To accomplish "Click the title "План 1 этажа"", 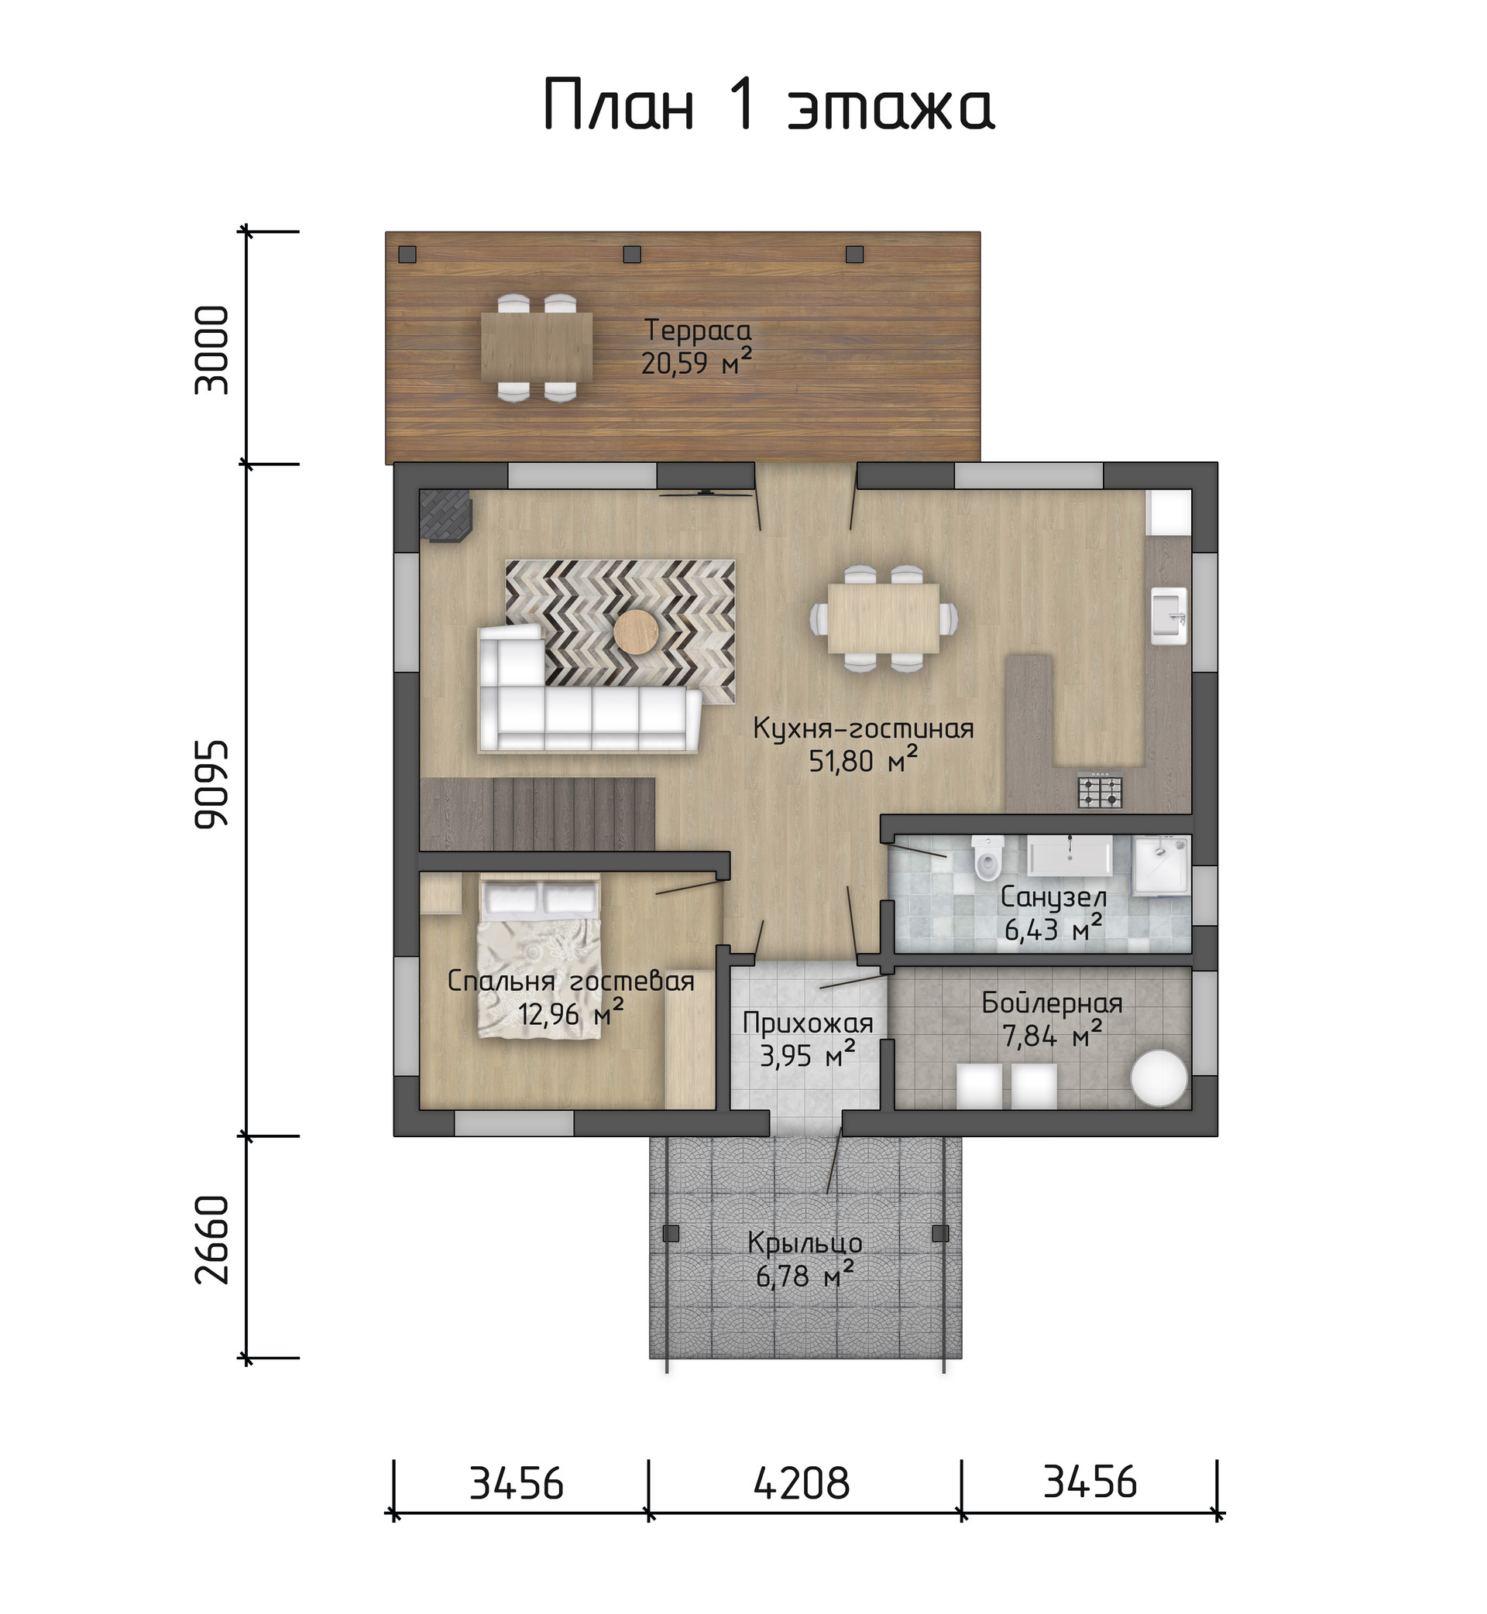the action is (769, 105).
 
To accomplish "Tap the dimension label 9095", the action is (212, 784).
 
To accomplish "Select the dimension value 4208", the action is (802, 1483).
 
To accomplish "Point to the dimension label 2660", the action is (212, 1239).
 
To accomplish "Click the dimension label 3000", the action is (212, 350).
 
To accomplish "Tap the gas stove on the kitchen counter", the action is (1100, 790).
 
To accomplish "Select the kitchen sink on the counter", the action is (1169, 616).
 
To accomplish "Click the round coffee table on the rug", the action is (636, 632).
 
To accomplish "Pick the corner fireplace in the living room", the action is (443, 516).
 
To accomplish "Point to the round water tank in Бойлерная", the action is (1159, 1078).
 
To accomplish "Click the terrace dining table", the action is (537, 348).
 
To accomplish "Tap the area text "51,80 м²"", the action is (864, 759).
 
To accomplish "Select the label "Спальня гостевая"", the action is (571, 981).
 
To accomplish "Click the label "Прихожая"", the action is (808, 1023).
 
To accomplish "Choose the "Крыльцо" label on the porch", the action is (805, 1242).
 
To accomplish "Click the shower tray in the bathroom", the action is (1161, 865).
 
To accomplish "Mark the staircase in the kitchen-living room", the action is (537, 813).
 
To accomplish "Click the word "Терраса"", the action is (698, 330).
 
